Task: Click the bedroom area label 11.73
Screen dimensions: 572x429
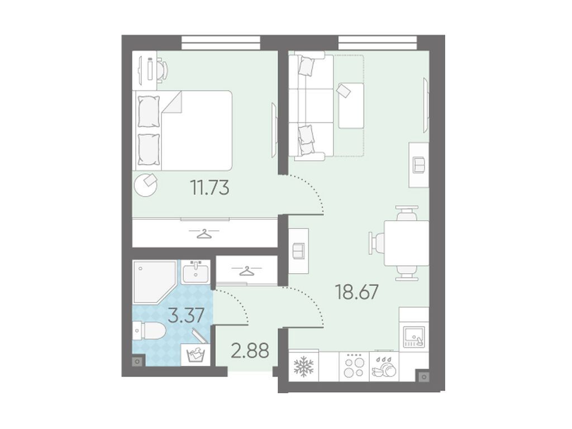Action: pyautogui.click(x=210, y=188)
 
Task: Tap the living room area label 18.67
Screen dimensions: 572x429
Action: pyautogui.click(x=357, y=292)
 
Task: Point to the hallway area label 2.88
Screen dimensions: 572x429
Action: pyautogui.click(x=250, y=351)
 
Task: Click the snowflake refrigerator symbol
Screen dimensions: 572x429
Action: pyautogui.click(x=303, y=366)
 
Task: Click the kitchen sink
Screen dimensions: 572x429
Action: pyautogui.click(x=414, y=336)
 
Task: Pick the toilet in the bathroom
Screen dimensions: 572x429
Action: pyautogui.click(x=150, y=331)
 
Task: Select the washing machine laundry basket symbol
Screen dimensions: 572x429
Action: pyautogui.click(x=196, y=355)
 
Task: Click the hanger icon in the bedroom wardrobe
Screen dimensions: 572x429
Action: pyautogui.click(x=204, y=233)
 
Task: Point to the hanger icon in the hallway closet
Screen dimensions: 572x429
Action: pyautogui.click(x=247, y=271)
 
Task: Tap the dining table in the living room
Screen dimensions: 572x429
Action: pyautogui.click(x=407, y=244)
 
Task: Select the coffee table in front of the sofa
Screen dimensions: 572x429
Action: pyautogui.click(x=351, y=106)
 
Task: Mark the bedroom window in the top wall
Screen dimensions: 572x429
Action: pyautogui.click(x=221, y=42)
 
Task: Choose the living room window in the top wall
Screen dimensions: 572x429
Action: pyautogui.click(x=378, y=42)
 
